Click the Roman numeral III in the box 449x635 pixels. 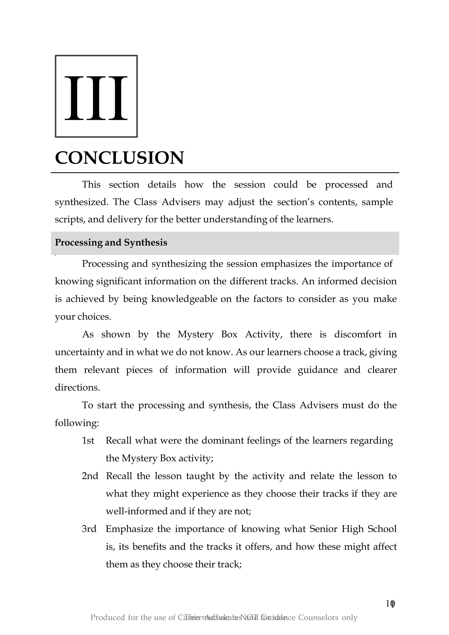[x=96, y=98]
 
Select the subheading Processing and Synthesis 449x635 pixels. [x=111, y=243]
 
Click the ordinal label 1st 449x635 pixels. [x=88, y=440]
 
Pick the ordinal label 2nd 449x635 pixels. [x=90, y=476]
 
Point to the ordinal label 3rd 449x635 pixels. [x=89, y=529]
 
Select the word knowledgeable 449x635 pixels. [x=184, y=299]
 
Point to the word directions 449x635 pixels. [x=77, y=388]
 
